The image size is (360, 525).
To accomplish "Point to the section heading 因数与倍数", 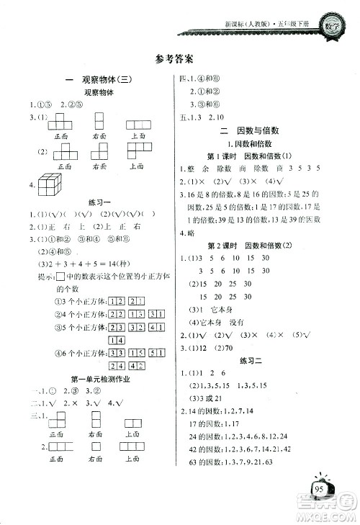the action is [260, 130].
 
